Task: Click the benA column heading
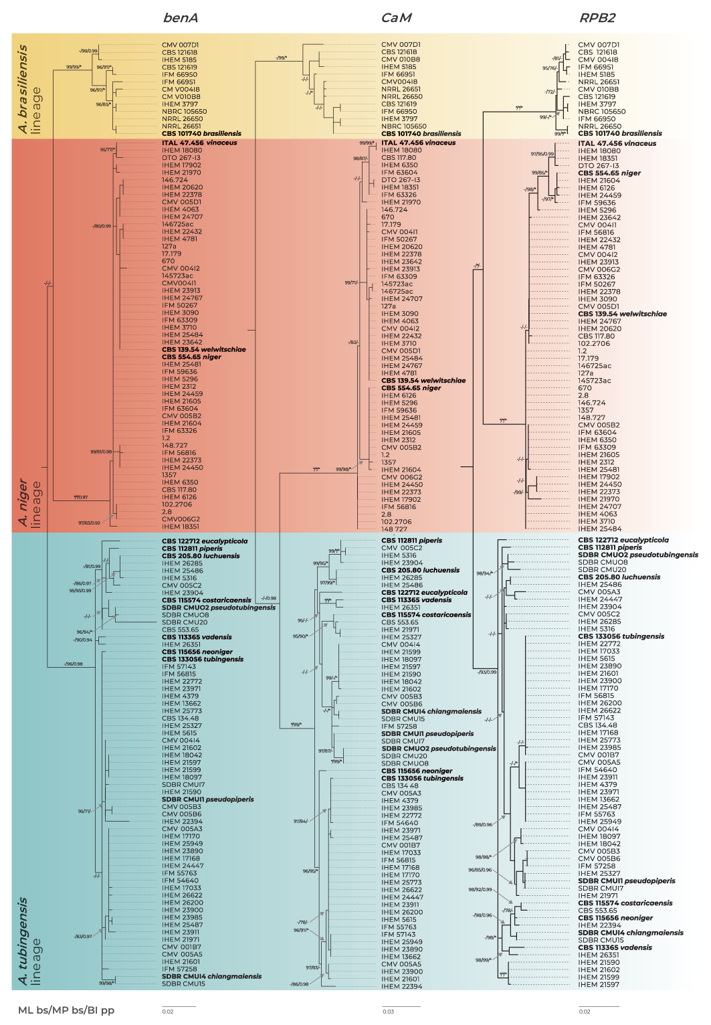coord(181,18)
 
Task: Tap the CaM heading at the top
coord(396,18)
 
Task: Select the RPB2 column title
coord(597,18)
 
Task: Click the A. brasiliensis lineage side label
coord(29,89)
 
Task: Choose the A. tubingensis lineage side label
coord(29,940)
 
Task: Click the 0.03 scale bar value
coord(389,1012)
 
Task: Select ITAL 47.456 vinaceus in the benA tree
coord(199,143)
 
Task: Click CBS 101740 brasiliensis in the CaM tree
coord(421,134)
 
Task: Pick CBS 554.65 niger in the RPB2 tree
coord(609,173)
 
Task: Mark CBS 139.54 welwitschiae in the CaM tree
coord(423,381)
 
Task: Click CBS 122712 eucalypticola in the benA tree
coord(205,541)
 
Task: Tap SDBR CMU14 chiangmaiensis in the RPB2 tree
coord(631,933)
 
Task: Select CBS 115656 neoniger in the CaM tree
coord(417,771)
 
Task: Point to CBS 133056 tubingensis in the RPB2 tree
coord(621,636)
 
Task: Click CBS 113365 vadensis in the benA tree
coord(197,637)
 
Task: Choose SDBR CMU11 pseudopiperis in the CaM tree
coord(427,734)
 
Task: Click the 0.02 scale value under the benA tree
coord(168,1012)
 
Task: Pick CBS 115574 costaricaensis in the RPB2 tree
coord(625,903)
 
